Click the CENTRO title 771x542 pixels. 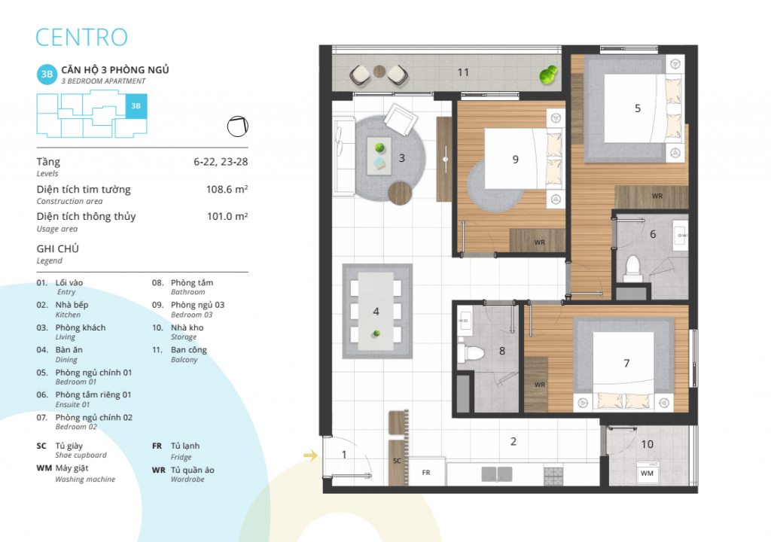(81, 38)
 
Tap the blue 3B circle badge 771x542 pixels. (47, 75)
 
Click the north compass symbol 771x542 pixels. (237, 126)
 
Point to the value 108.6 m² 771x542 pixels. (227, 190)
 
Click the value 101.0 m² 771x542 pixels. (227, 216)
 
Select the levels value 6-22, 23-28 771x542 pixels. (221, 162)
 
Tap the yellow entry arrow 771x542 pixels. (311, 455)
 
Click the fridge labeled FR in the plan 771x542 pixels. (427, 472)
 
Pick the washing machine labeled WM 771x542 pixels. (647, 473)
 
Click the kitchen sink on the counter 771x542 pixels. (497, 474)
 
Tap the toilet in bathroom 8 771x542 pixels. (471, 352)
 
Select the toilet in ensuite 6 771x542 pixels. (632, 269)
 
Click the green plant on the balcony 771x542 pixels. (548, 75)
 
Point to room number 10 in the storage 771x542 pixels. (647, 444)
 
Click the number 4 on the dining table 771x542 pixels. (376, 312)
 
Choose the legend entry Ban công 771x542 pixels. (189, 350)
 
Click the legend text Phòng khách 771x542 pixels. (80, 327)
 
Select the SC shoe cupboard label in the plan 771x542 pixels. (397, 461)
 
